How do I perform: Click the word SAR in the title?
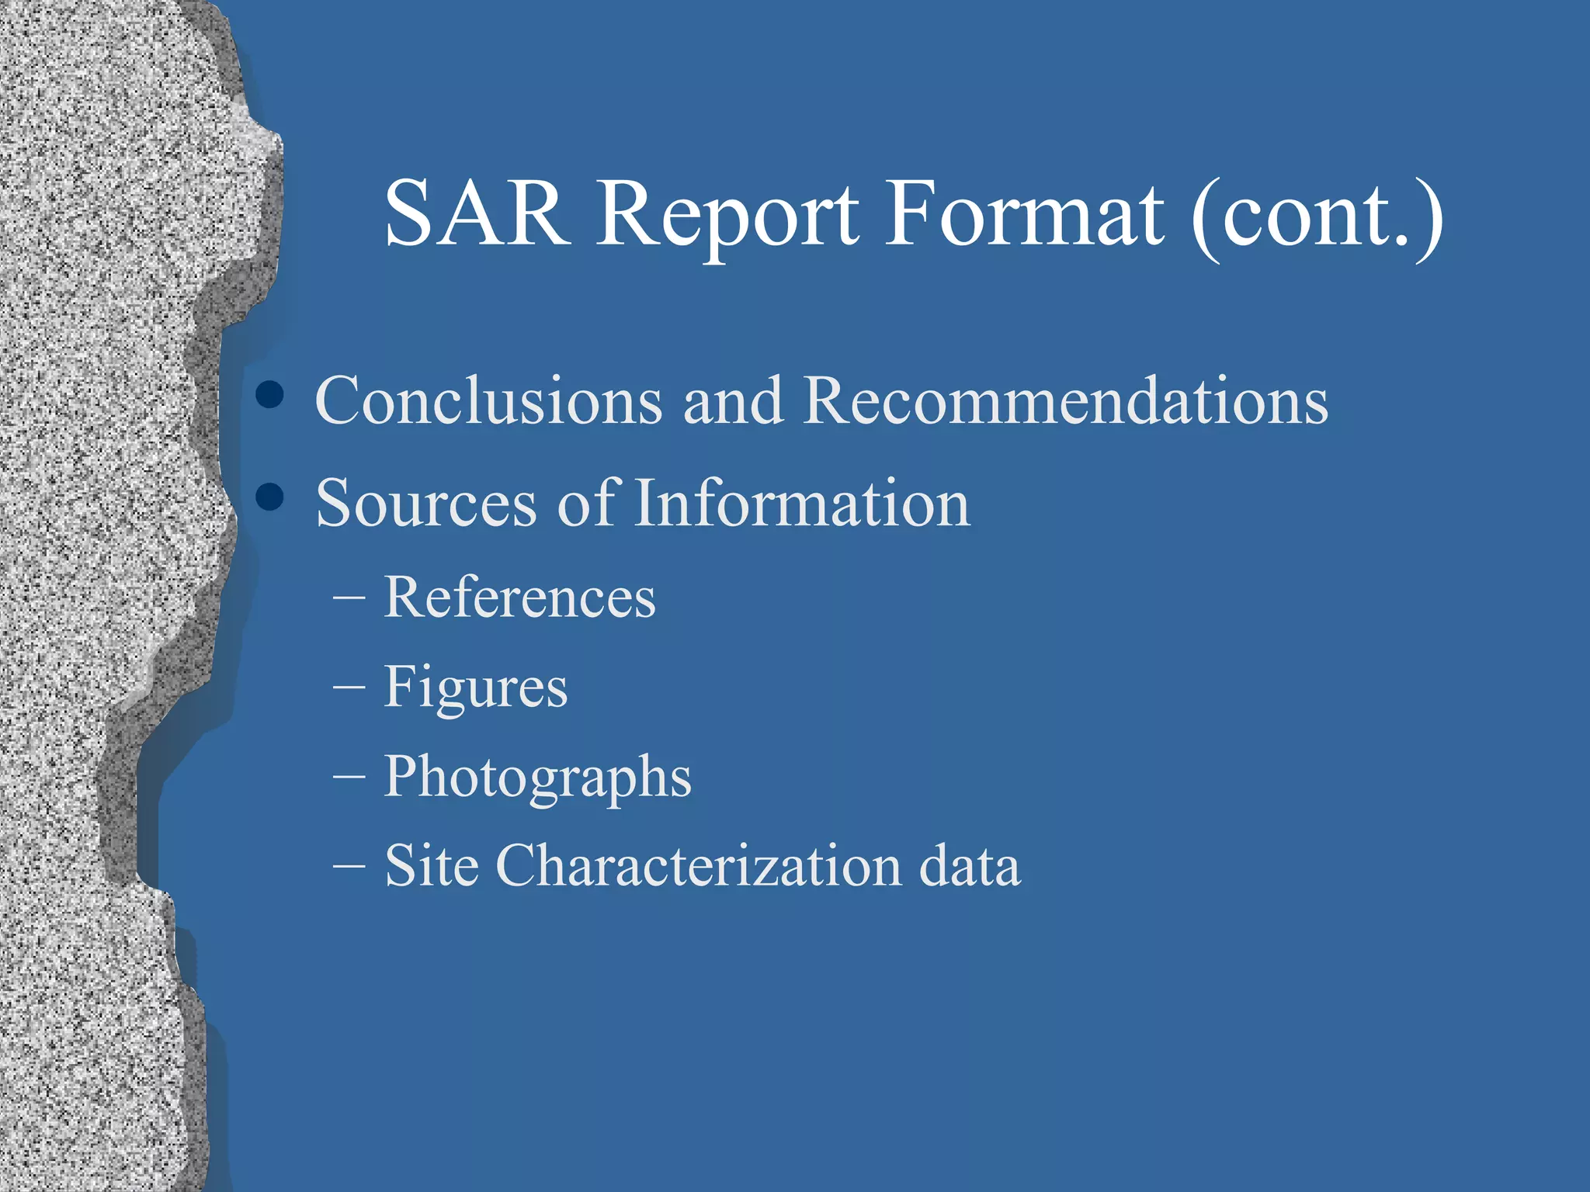point(477,213)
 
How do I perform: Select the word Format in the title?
point(1024,213)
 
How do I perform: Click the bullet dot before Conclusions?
point(269,394)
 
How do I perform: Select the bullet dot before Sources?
point(269,497)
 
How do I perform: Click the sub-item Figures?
point(475,688)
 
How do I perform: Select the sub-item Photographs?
point(537,778)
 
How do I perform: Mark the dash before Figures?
point(349,688)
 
